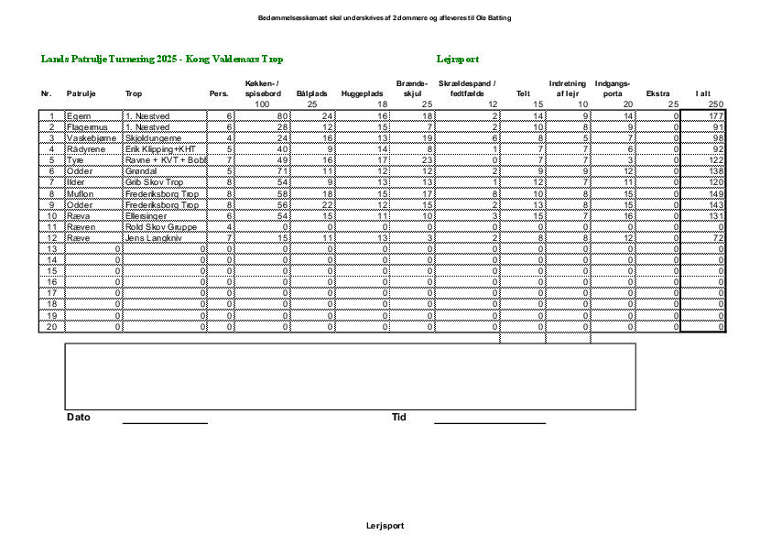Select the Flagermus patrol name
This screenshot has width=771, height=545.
[84, 126]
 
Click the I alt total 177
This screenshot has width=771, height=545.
[715, 116]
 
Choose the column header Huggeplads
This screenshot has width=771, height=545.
[362, 93]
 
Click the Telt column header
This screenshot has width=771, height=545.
[524, 93]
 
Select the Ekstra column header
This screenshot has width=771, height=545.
[657, 93]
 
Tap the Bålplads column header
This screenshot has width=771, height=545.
[312, 93]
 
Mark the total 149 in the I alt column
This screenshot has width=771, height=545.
[715, 194]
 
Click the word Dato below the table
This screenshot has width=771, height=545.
[79, 418]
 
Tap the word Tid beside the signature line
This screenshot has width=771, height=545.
[398, 418]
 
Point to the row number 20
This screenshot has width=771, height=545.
[51, 327]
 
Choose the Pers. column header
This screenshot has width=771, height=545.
[219, 93]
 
